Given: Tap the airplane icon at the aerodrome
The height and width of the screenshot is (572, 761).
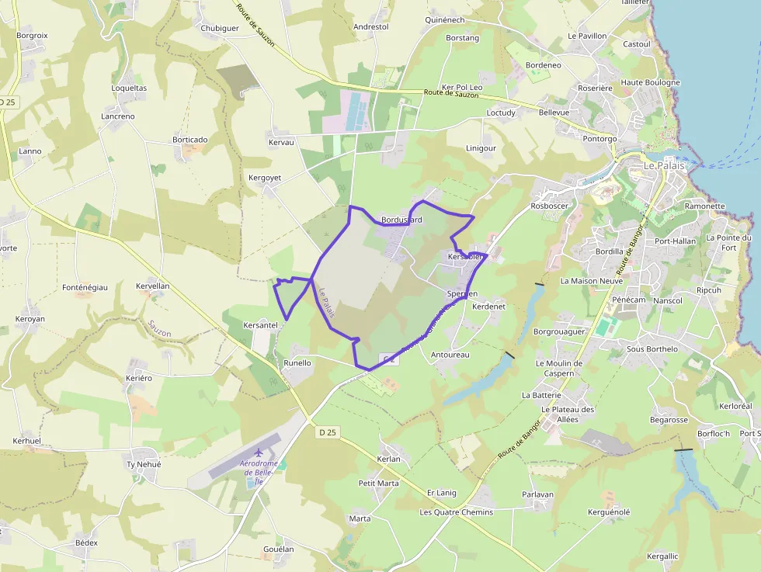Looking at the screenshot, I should point(259,452).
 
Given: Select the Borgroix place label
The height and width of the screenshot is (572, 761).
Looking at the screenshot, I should point(33,36).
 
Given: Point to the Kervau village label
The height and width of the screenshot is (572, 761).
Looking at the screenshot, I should point(281,143).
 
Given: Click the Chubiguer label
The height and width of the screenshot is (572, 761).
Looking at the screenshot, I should point(220,28).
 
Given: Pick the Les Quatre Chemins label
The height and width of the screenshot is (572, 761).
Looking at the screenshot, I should point(456,512).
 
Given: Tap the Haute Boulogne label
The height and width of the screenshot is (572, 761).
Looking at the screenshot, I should point(650,82).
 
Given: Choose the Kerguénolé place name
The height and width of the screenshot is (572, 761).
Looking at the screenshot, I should point(609,512).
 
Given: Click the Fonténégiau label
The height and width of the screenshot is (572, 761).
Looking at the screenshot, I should point(84,287).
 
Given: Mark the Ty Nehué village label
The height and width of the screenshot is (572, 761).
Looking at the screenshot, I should point(144,464).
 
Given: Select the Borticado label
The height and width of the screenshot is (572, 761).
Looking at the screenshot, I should point(190,140).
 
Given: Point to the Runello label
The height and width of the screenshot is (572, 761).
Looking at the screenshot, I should point(297,362).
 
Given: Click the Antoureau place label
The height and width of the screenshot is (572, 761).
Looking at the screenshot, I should point(450,355).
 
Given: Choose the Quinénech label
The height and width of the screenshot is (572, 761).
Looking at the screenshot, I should point(445,20).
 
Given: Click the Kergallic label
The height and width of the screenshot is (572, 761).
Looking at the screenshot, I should point(662,556).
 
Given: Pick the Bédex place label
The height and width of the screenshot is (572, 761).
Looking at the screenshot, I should point(86,543).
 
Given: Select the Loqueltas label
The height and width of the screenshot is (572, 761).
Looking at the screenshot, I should point(129,88).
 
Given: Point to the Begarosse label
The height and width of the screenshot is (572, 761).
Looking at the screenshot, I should point(669,420).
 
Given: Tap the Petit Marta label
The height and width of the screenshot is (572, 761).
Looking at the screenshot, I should point(378,483).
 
